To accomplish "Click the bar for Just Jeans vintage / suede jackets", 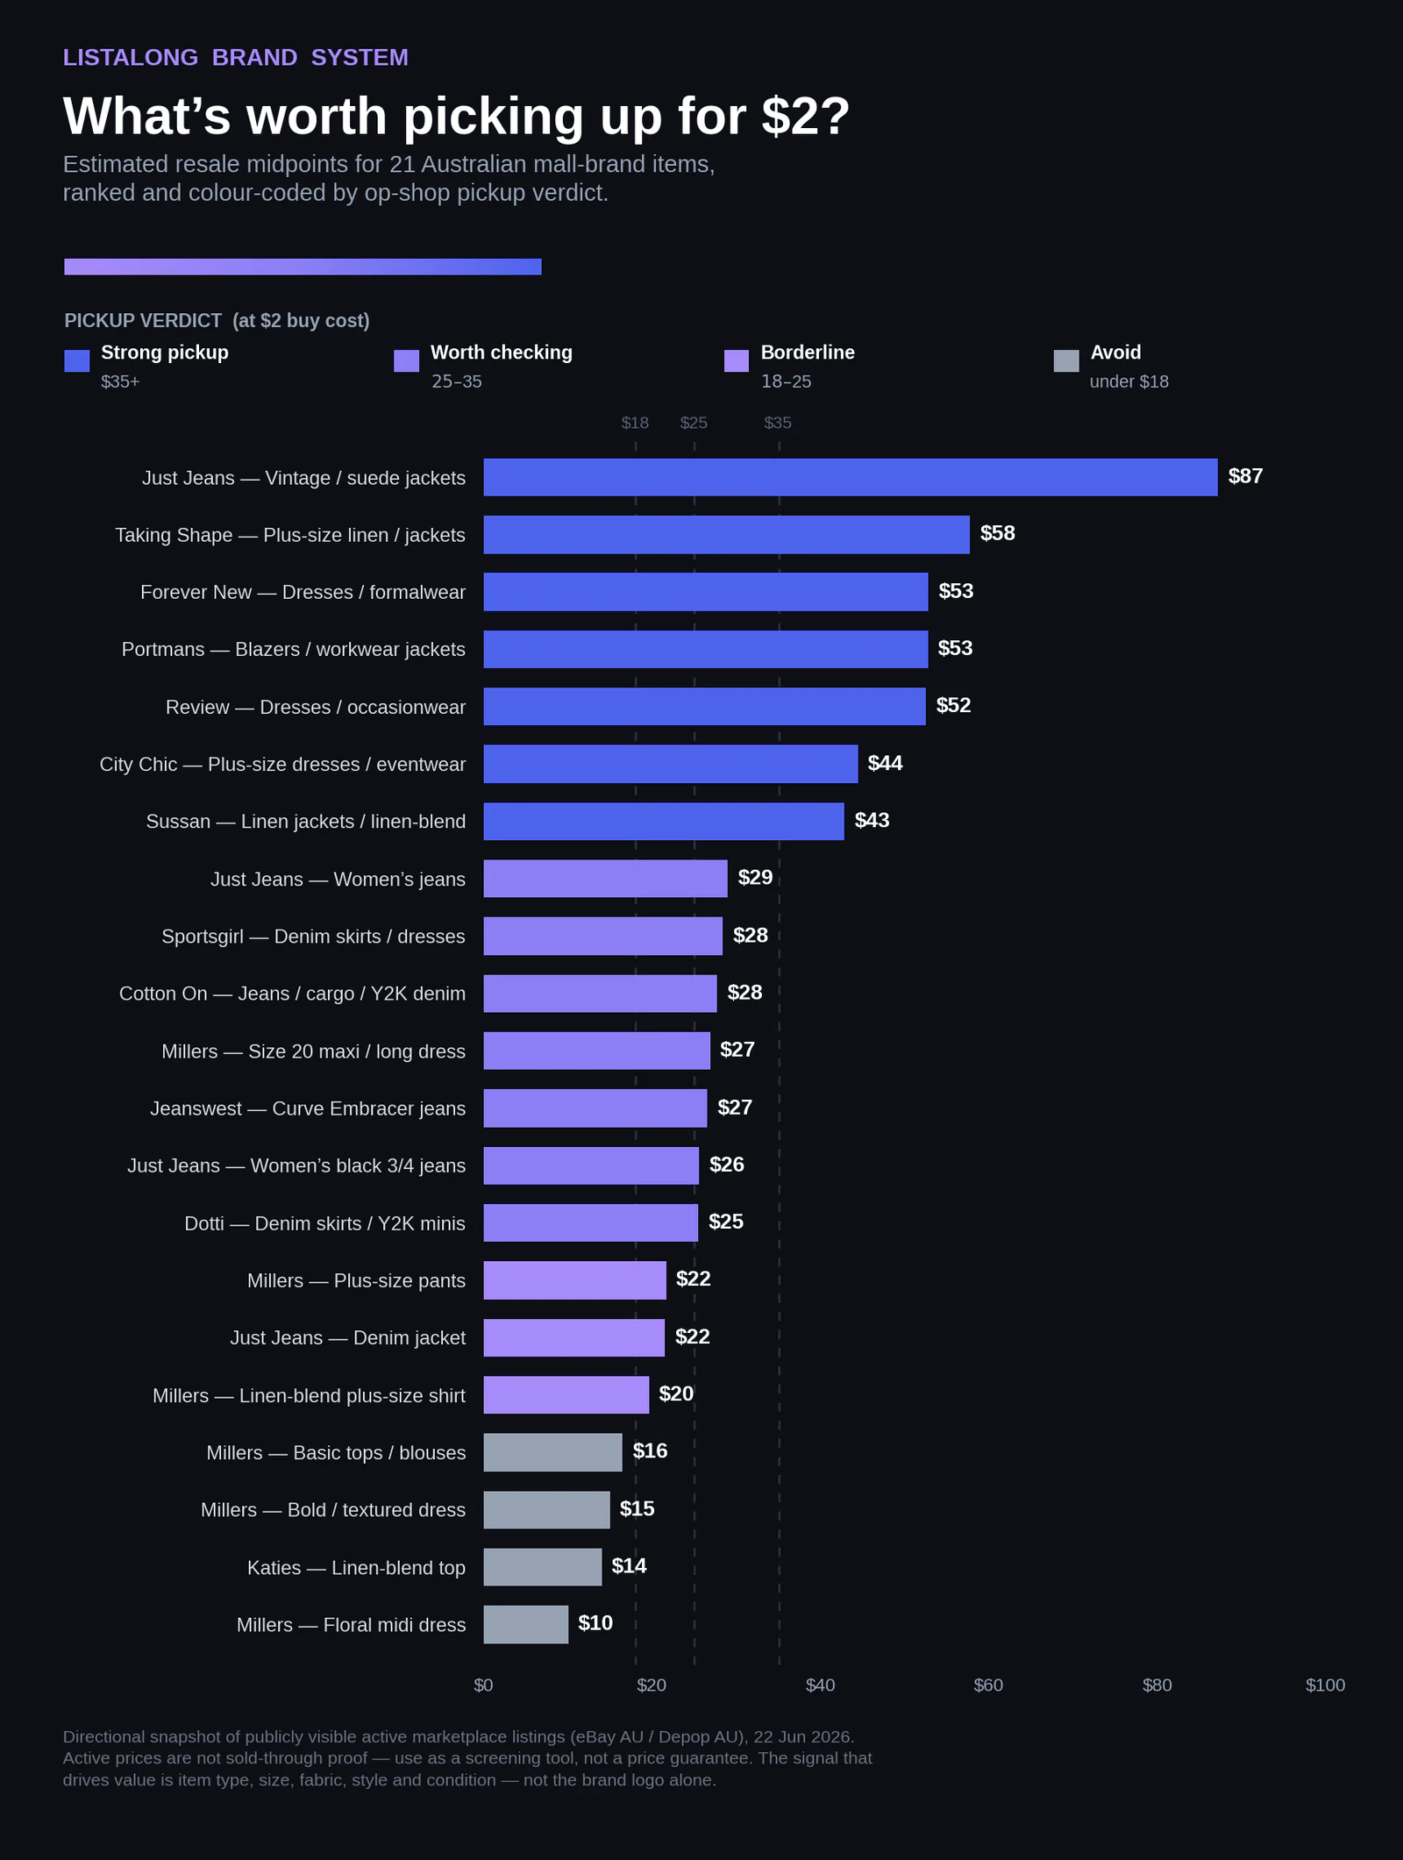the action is click(x=851, y=477).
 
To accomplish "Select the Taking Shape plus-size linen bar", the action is click(x=727, y=535).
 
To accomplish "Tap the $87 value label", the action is click(x=1245, y=476).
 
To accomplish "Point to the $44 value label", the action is click(x=886, y=763).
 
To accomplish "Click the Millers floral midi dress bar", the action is click(x=526, y=1624).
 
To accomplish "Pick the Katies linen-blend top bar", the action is click(x=543, y=1567).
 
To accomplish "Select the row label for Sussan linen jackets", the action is click(x=306, y=822).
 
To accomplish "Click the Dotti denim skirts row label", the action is click(x=324, y=1223).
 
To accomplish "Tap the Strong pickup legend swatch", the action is click(x=77, y=360).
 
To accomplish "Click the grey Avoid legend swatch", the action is click(x=1066, y=360).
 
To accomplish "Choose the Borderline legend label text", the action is click(x=808, y=353).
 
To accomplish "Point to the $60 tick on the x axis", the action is click(x=988, y=1685).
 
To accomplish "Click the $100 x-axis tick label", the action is click(x=1325, y=1685).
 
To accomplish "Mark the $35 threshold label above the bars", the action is click(x=778, y=423).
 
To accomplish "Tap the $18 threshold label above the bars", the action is click(x=635, y=423).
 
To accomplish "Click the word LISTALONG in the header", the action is click(x=131, y=57).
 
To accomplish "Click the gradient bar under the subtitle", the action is click(x=303, y=267).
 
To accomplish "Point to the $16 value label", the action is click(x=650, y=1451).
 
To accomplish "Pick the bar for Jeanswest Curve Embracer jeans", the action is click(x=595, y=1108).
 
